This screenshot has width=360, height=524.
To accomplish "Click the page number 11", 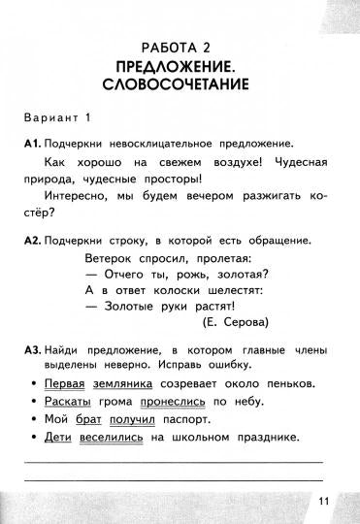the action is pyautogui.click(x=324, y=500).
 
